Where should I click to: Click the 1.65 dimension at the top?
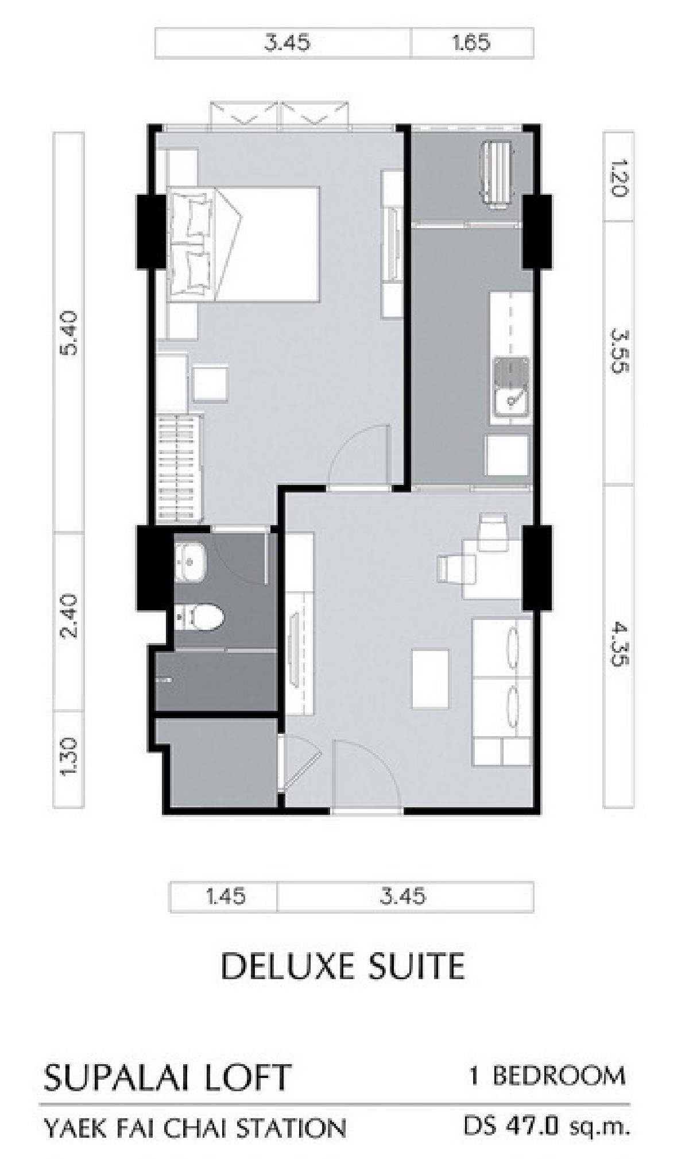click(471, 43)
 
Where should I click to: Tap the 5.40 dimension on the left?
click(69, 334)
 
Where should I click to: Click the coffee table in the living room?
click(431, 680)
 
